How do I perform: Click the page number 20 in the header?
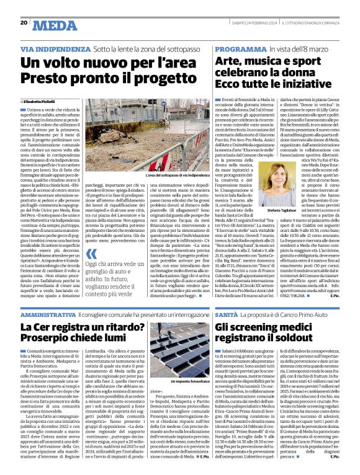(24, 23)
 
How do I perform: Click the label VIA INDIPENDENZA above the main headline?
(56, 48)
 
